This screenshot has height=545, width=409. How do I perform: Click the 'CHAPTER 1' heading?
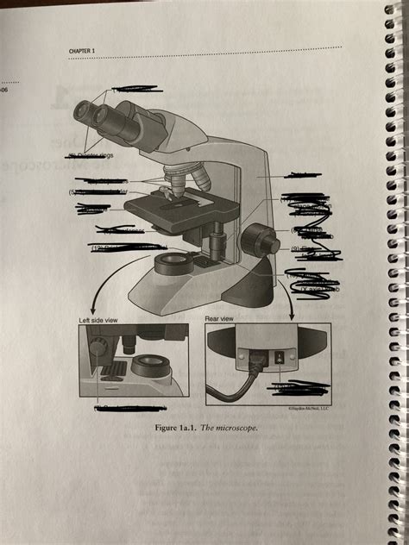coord(84,52)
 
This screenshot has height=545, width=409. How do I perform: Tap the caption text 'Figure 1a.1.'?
coord(178,427)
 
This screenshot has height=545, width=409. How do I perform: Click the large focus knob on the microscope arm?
coord(259,239)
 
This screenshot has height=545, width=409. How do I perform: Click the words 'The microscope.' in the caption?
coord(227,427)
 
